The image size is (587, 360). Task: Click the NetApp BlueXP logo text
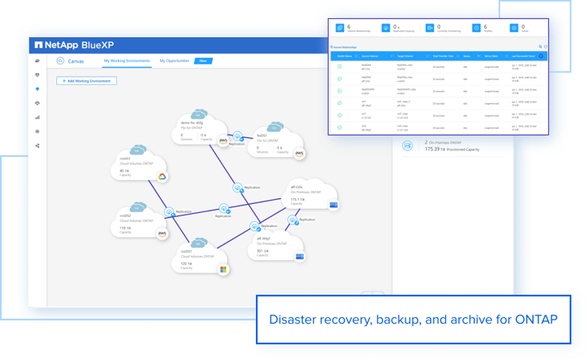pyautogui.click(x=78, y=45)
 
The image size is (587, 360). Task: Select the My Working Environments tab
pyautogui.click(x=127, y=61)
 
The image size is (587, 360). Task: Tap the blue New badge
pyautogui.click(x=203, y=61)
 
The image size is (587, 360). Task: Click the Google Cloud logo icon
pyautogui.click(x=162, y=177)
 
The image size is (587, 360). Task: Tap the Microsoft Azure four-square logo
pyautogui.click(x=223, y=268)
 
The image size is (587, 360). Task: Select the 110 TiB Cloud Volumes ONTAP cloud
pyautogui.click(x=135, y=220)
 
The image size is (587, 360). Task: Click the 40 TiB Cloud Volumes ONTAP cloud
pyautogui.click(x=135, y=164)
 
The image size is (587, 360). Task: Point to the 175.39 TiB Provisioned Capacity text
pyautogui.click(x=452, y=149)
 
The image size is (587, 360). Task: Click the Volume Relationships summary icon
pyautogui.click(x=338, y=28)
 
